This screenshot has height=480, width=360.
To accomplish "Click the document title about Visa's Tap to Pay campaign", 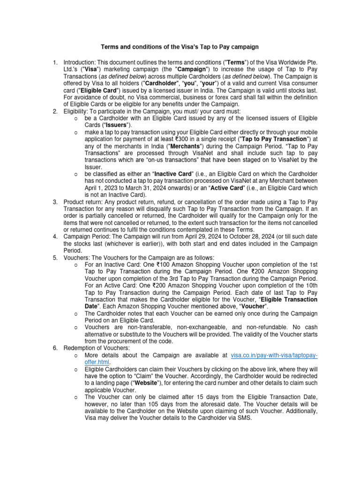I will (180, 47).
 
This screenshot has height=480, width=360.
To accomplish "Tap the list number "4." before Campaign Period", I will (55, 236).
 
